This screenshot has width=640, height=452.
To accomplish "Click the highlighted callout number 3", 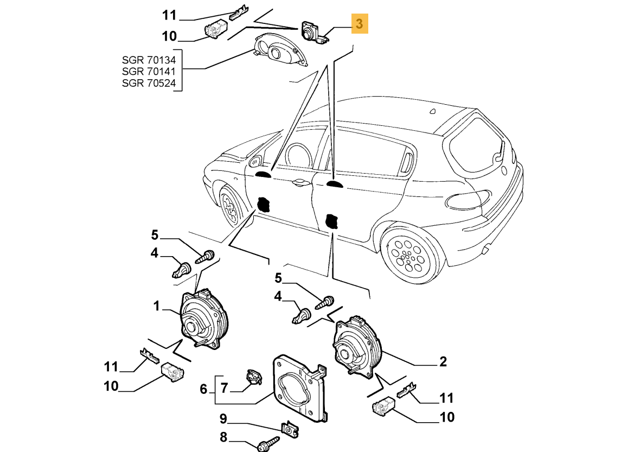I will [x=360, y=24].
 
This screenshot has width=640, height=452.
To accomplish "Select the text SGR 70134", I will [x=149, y=59].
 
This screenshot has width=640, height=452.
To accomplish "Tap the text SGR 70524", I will [x=149, y=83].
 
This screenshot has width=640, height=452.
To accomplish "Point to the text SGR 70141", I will [x=149, y=71].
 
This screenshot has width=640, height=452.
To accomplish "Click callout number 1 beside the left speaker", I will [x=156, y=307].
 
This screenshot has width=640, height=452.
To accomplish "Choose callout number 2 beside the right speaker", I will [x=443, y=362].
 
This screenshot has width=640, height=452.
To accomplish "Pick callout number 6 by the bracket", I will [x=203, y=389].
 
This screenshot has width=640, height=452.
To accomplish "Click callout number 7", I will [x=224, y=387].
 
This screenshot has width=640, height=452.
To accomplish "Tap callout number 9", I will [x=223, y=419].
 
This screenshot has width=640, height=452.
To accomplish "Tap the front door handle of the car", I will [x=298, y=183].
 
